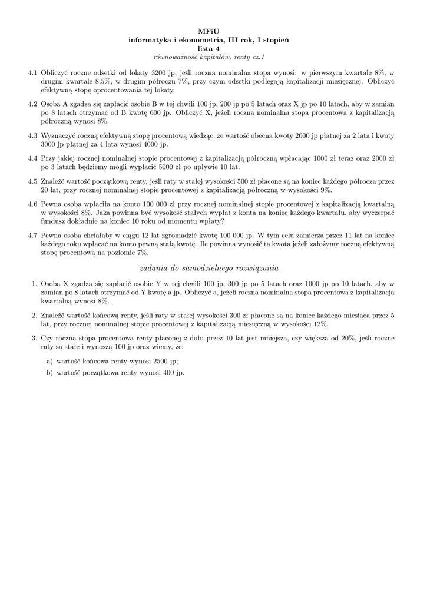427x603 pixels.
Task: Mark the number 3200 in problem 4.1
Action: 160,72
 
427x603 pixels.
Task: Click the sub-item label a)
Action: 49,361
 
